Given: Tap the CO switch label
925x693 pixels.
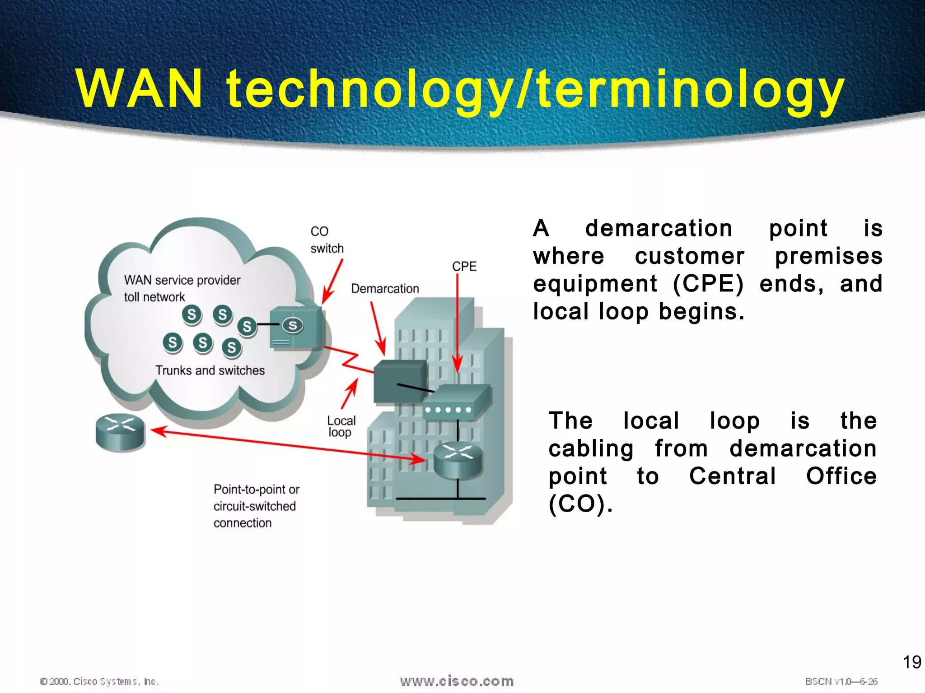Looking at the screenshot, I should tap(327, 240).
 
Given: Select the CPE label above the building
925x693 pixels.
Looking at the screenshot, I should tap(464, 266).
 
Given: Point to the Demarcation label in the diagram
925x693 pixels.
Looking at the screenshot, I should tap(385, 289).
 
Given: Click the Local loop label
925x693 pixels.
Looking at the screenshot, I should tap(341, 426).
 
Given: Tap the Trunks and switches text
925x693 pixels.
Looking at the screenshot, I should tap(210, 370).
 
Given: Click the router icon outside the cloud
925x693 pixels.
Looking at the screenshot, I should tap(120, 432).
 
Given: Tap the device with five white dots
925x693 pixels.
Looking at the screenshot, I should tap(457, 402).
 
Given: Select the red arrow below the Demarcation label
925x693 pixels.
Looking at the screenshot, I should tap(378, 328).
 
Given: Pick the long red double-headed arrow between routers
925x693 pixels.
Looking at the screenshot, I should tap(289, 446).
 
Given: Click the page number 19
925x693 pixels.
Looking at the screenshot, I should tap(911, 662).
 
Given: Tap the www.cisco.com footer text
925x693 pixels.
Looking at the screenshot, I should tap(457, 681).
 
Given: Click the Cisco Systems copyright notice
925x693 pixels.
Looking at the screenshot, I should tap(99, 681).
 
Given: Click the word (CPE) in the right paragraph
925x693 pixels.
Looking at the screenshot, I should tap(708, 284).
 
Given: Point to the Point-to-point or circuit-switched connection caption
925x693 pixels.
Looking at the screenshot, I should tap(256, 506).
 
